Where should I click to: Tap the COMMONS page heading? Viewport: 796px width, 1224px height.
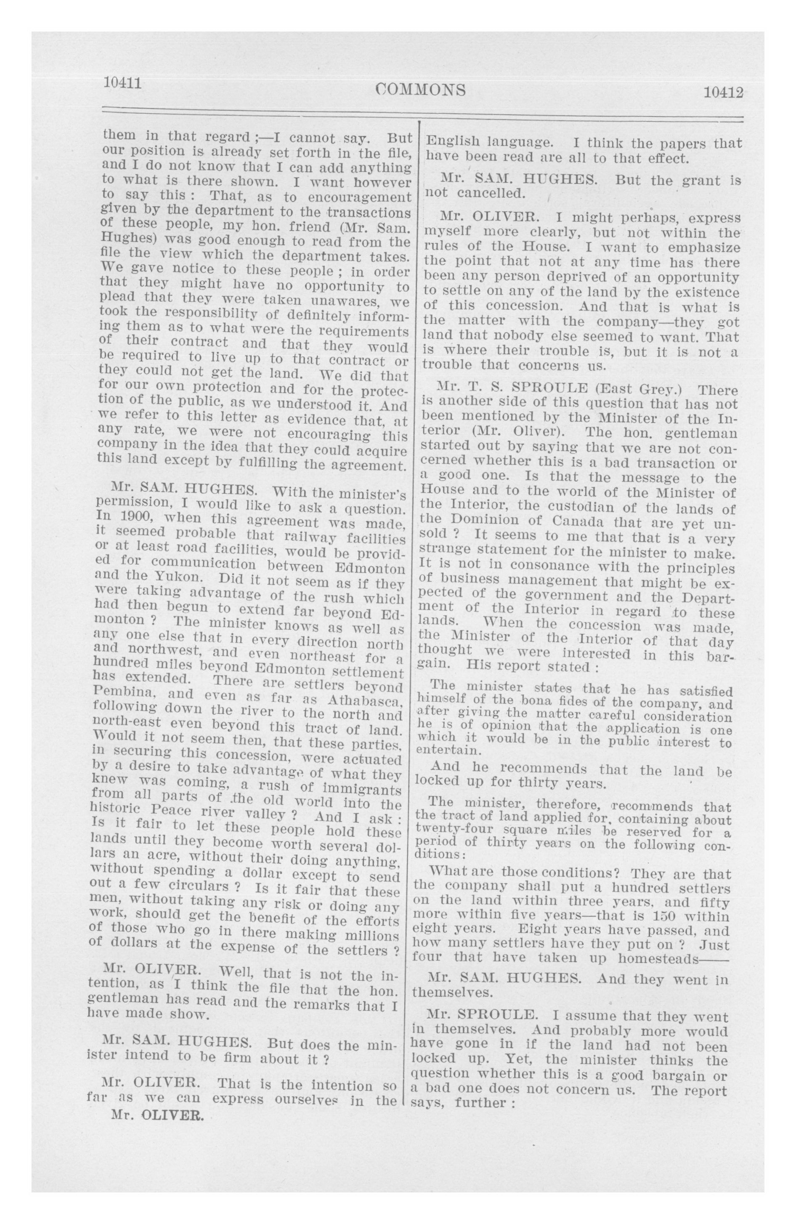pyautogui.click(x=421, y=90)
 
